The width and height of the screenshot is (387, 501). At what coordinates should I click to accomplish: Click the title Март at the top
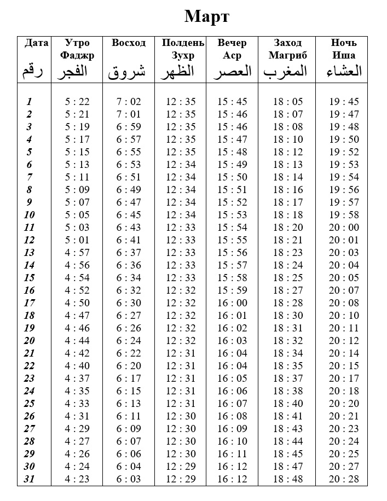tap(206, 16)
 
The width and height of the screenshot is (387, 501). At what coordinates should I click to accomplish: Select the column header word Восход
tap(129, 43)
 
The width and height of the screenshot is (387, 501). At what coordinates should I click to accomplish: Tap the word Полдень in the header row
tap(183, 43)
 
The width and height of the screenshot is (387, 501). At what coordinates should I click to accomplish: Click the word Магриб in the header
tap(288, 55)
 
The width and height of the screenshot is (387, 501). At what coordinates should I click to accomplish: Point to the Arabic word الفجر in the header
tap(77, 71)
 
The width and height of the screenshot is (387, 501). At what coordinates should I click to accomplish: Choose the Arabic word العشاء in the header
tap(344, 71)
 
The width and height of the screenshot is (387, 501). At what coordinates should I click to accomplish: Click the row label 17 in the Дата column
tap(29, 303)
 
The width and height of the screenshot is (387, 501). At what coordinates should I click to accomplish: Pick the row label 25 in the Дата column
tap(29, 404)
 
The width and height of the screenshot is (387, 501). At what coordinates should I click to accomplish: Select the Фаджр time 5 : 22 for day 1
tap(77, 102)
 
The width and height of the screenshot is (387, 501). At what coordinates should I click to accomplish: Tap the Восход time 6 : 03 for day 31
tap(129, 479)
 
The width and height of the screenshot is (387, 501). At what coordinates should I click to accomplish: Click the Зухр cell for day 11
tap(180, 228)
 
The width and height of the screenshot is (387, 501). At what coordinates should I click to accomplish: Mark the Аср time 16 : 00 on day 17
tap(232, 303)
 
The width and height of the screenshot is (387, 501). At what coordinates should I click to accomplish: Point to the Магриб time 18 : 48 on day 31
tap(288, 479)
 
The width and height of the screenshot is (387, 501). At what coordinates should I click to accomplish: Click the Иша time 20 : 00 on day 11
tap(344, 228)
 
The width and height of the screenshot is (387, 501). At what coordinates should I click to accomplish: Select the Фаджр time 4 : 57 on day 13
tap(77, 253)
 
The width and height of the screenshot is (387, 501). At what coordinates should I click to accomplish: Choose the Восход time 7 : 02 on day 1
tap(129, 102)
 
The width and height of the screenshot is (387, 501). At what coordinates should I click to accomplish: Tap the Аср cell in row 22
tap(232, 366)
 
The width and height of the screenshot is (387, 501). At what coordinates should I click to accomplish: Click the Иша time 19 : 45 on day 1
tap(344, 102)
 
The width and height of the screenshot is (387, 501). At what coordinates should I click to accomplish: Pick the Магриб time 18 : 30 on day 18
tap(288, 316)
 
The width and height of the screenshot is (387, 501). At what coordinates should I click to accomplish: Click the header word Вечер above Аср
tap(232, 43)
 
